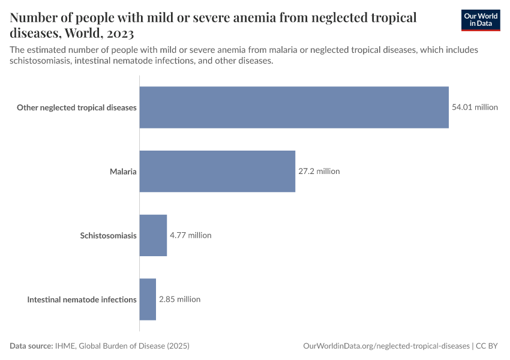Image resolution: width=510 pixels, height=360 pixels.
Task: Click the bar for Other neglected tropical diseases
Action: pyautogui.click(x=294, y=107)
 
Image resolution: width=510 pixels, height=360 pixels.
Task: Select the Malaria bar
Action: pyautogui.click(x=217, y=171)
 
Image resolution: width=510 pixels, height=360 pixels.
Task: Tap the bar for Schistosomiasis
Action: pyautogui.click(x=153, y=235)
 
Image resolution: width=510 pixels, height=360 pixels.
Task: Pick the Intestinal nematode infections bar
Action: pyautogui.click(x=148, y=299)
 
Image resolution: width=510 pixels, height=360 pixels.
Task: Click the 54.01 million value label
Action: pyautogui.click(x=475, y=107)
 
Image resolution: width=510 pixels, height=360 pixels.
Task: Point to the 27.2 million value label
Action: pyautogui.click(x=319, y=171)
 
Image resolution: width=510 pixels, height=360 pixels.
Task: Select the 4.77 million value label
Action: pyautogui.click(x=190, y=235)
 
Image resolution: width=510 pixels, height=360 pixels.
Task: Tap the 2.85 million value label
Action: pyautogui.click(x=179, y=299)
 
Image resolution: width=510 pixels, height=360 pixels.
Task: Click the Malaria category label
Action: pyautogui.click(x=123, y=172)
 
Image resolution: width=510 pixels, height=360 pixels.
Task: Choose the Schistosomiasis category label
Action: pyautogui.click(x=108, y=235)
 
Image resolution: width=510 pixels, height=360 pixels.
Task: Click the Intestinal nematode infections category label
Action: pyautogui.click(x=82, y=299)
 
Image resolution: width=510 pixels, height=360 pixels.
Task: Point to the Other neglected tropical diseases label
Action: pyautogui.click(x=77, y=108)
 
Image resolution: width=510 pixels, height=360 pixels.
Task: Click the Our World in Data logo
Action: pyautogui.click(x=480, y=20)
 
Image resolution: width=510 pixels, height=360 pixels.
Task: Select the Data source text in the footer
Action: pyautogui.click(x=32, y=346)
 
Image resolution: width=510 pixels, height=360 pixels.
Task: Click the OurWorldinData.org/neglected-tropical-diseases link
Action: pyautogui.click(x=386, y=346)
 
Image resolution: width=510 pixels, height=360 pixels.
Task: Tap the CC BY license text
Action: pyautogui.click(x=488, y=346)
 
